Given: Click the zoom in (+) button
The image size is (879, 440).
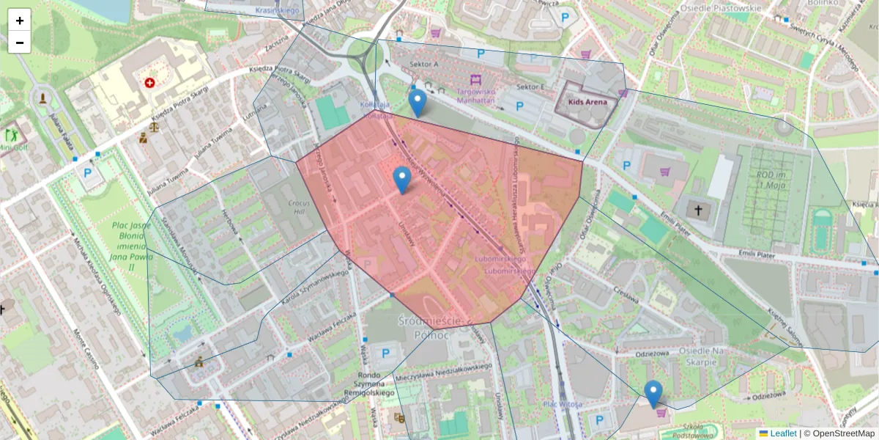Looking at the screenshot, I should coord(20,21).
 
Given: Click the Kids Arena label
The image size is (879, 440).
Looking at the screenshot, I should coord(587,102).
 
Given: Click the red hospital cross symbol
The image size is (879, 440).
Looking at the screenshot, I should coord(150,84).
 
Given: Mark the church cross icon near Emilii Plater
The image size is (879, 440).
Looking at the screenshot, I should coord(698,210).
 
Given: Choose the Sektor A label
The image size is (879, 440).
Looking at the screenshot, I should coord(424,65).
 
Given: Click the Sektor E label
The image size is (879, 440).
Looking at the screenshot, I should coord(530,87).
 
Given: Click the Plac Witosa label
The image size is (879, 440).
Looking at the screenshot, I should coord(563,404).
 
